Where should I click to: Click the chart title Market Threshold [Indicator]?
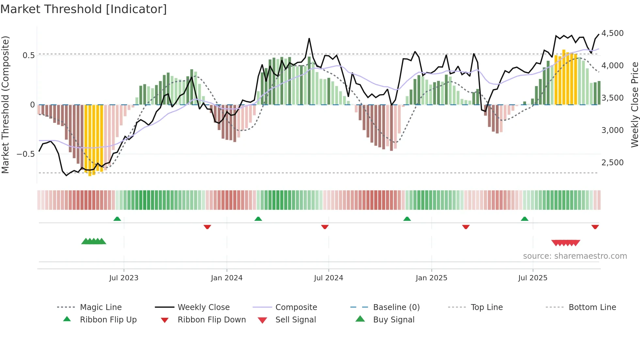click(84, 9)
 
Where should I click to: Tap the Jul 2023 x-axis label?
click(124, 278)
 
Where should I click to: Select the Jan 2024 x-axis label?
click(227, 278)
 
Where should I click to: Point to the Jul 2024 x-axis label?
click(328, 278)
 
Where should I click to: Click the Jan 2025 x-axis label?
click(431, 278)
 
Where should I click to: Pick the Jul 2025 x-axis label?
click(533, 278)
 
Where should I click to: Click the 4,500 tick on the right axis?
click(613, 33)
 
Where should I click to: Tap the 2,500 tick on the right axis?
click(613, 163)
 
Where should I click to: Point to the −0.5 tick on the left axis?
click(25, 154)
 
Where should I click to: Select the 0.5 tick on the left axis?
click(28, 56)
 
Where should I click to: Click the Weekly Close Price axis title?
click(634, 105)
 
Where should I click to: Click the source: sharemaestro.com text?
click(575, 256)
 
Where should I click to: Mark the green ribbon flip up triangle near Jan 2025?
click(407, 219)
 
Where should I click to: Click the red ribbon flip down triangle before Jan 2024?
click(207, 227)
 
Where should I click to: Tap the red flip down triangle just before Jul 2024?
click(325, 227)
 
